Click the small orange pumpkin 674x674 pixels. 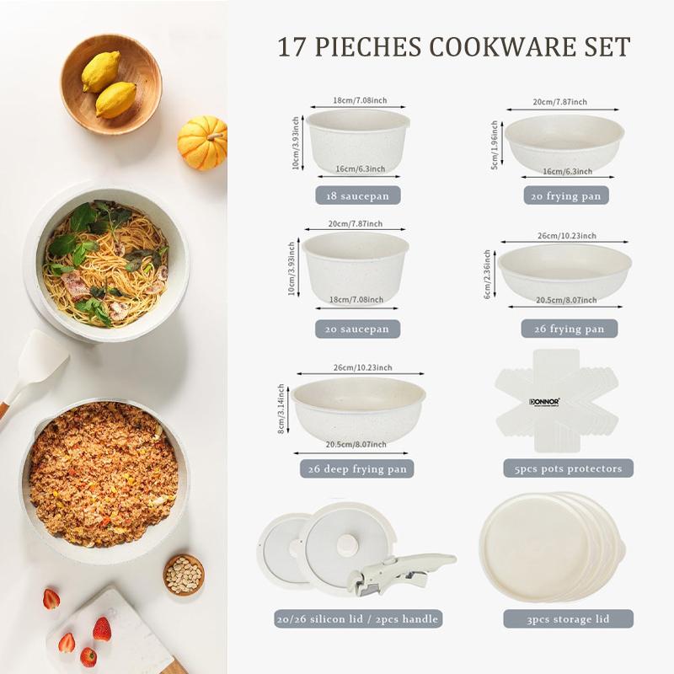202,142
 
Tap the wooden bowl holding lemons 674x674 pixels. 111,83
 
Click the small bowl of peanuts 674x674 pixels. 184,575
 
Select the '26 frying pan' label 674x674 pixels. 564,329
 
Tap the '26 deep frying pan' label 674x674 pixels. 357,469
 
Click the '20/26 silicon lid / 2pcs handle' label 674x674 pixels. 357,619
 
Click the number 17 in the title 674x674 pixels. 294,47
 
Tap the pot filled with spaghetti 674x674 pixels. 106,262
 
